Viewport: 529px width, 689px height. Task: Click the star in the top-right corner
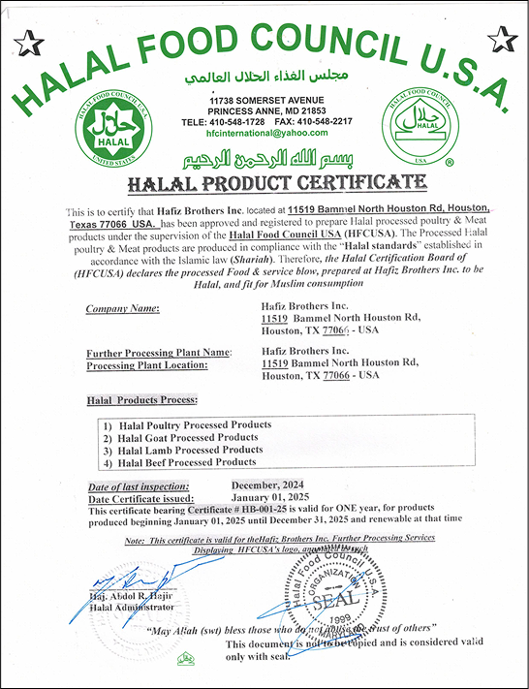tap(501, 40)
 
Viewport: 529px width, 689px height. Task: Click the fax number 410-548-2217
tap(326, 122)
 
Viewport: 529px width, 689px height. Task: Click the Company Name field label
tap(123, 309)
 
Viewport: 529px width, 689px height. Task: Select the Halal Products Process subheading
tap(141, 400)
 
